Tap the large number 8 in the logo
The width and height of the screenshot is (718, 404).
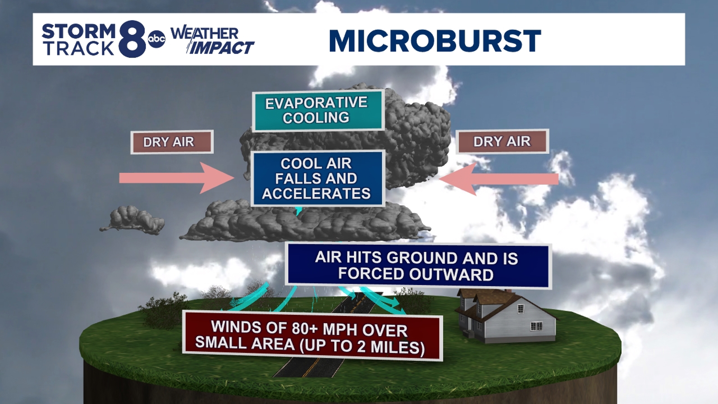pos(132,39)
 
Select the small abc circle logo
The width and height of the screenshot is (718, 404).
pos(156,39)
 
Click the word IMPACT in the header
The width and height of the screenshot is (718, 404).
pos(221,48)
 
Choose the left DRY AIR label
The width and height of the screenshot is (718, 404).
pos(172,142)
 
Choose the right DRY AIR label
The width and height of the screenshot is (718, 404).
pos(502,141)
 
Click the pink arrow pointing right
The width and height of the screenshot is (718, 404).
pos(176,178)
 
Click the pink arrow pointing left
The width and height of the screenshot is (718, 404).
pos(499,179)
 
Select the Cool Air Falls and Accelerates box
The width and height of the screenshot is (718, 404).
pos(317,178)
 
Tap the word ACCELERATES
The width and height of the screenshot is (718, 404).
pos(316,194)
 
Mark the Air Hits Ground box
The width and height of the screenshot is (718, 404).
pos(417,266)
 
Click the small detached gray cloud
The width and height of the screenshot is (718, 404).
pos(135,220)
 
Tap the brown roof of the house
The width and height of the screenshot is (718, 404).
pos(494,298)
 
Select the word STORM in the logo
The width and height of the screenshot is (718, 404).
pos(79,31)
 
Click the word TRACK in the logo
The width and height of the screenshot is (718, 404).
pos(79,49)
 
